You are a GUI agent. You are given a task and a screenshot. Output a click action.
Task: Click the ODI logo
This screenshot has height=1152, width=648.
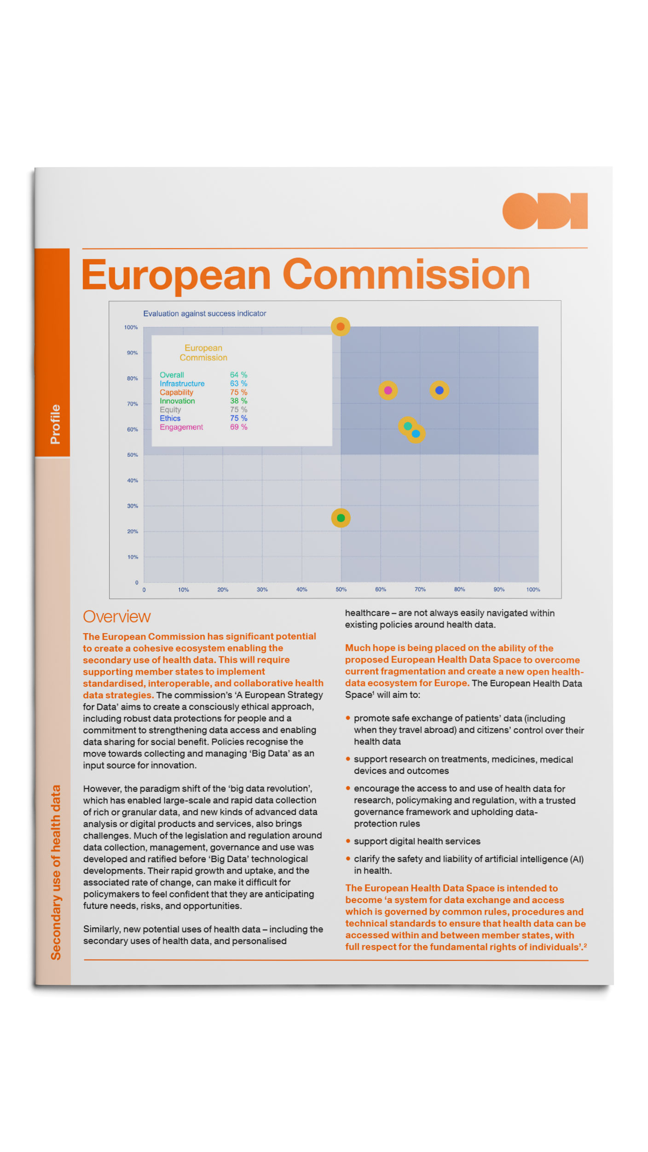544,211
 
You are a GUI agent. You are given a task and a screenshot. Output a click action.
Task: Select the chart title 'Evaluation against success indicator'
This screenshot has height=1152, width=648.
204,314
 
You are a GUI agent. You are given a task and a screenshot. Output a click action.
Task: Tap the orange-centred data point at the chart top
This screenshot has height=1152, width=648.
341,326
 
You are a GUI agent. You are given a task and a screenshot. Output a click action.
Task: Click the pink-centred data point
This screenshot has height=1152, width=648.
388,390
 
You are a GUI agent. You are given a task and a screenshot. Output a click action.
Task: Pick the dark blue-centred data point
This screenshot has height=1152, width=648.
439,390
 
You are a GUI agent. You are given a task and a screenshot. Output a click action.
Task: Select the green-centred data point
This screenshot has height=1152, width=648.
341,518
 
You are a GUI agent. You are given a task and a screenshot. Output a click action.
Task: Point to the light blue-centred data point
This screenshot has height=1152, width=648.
416,434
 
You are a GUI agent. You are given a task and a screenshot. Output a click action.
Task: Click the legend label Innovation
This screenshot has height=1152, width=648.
177,401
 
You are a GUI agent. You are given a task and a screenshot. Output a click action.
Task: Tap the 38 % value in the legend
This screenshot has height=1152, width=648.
238,401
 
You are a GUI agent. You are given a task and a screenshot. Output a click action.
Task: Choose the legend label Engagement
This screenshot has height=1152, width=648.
181,427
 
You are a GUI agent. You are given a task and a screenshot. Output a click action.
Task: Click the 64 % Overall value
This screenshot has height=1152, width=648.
238,375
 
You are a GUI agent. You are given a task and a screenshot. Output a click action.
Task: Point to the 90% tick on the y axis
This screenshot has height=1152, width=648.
132,353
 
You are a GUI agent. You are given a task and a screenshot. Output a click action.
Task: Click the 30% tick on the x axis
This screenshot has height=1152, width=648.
262,589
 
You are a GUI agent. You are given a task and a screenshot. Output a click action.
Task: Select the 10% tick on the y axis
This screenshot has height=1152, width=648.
133,557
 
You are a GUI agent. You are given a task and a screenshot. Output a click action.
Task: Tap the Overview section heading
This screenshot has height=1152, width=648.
117,617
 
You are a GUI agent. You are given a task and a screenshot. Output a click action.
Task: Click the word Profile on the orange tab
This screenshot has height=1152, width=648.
55,424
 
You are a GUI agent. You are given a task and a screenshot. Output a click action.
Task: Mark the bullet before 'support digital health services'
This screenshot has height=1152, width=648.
348,841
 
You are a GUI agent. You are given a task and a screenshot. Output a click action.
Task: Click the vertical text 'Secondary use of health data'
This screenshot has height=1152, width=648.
56,872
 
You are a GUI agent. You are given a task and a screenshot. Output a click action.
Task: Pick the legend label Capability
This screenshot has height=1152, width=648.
176,392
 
